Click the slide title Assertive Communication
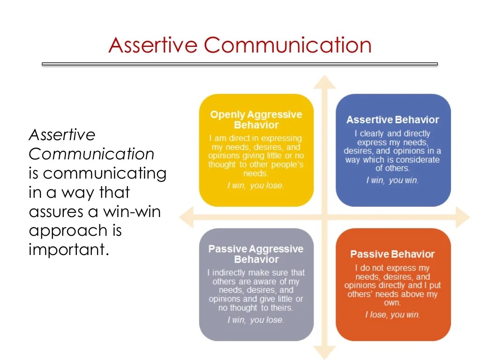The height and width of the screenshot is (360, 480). click(240, 45)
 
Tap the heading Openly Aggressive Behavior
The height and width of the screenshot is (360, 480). click(256, 120)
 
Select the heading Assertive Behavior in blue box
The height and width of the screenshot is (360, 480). click(392, 120)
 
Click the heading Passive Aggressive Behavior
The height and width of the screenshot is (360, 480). click(256, 254)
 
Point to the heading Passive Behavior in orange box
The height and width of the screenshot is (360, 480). click(392, 254)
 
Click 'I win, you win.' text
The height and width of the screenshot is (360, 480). click(392, 180)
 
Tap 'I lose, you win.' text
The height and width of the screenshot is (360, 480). click(392, 315)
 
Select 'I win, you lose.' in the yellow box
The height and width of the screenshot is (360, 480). click(255, 186)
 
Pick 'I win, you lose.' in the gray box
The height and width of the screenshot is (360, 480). click(255, 320)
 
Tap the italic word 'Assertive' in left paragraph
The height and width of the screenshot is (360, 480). click(62, 135)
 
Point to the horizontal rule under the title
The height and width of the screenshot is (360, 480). click(240, 64)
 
